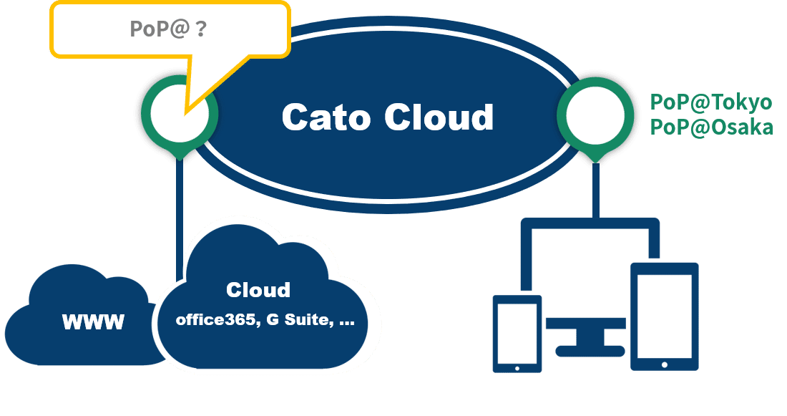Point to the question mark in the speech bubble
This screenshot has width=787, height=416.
pyautogui.click(x=201, y=29)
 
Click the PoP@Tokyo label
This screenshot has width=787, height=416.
pyautogui.click(x=710, y=102)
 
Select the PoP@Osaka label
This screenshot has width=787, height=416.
pyautogui.click(x=710, y=127)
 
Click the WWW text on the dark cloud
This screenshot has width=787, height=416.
pyautogui.click(x=93, y=322)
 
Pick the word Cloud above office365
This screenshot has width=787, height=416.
pyautogui.click(x=258, y=290)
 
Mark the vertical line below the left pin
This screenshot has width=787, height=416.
pyautogui.click(x=179, y=208)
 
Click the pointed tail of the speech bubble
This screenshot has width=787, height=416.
pyautogui.click(x=187, y=107)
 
